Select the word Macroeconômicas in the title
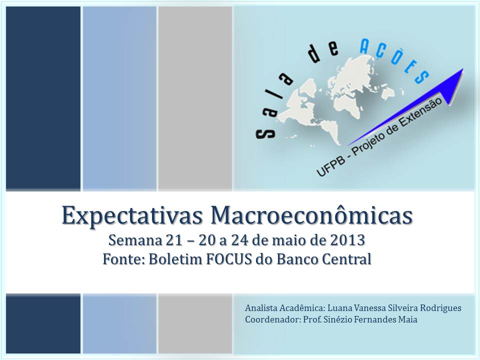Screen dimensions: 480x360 [311, 215]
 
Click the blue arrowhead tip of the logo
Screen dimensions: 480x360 [463, 69]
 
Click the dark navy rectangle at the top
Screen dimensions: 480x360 [43, 98]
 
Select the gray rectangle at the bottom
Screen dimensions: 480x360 [195, 324]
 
